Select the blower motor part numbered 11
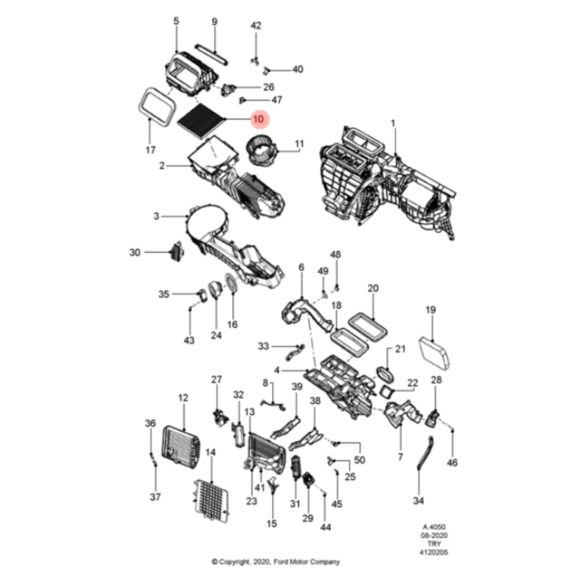261,151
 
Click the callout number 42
256,26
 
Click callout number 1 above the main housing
393,124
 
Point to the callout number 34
418,501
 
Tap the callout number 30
135,253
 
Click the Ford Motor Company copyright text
275,562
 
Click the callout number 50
360,460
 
